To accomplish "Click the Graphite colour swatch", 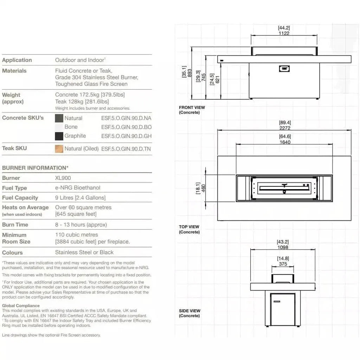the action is coord(59,136).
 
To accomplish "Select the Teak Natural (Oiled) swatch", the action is coord(59,149).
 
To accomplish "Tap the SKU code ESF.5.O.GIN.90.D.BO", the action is coord(126,127).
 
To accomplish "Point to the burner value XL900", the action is coord(63,178).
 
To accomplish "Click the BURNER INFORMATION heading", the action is coord(35,168).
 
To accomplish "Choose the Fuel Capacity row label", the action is coord(20,198).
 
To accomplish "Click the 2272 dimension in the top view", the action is coord(285,128).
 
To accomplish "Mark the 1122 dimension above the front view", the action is coord(284,33).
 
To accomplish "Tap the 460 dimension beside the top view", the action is coord(203,188).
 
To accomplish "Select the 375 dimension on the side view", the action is coord(283,264).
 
